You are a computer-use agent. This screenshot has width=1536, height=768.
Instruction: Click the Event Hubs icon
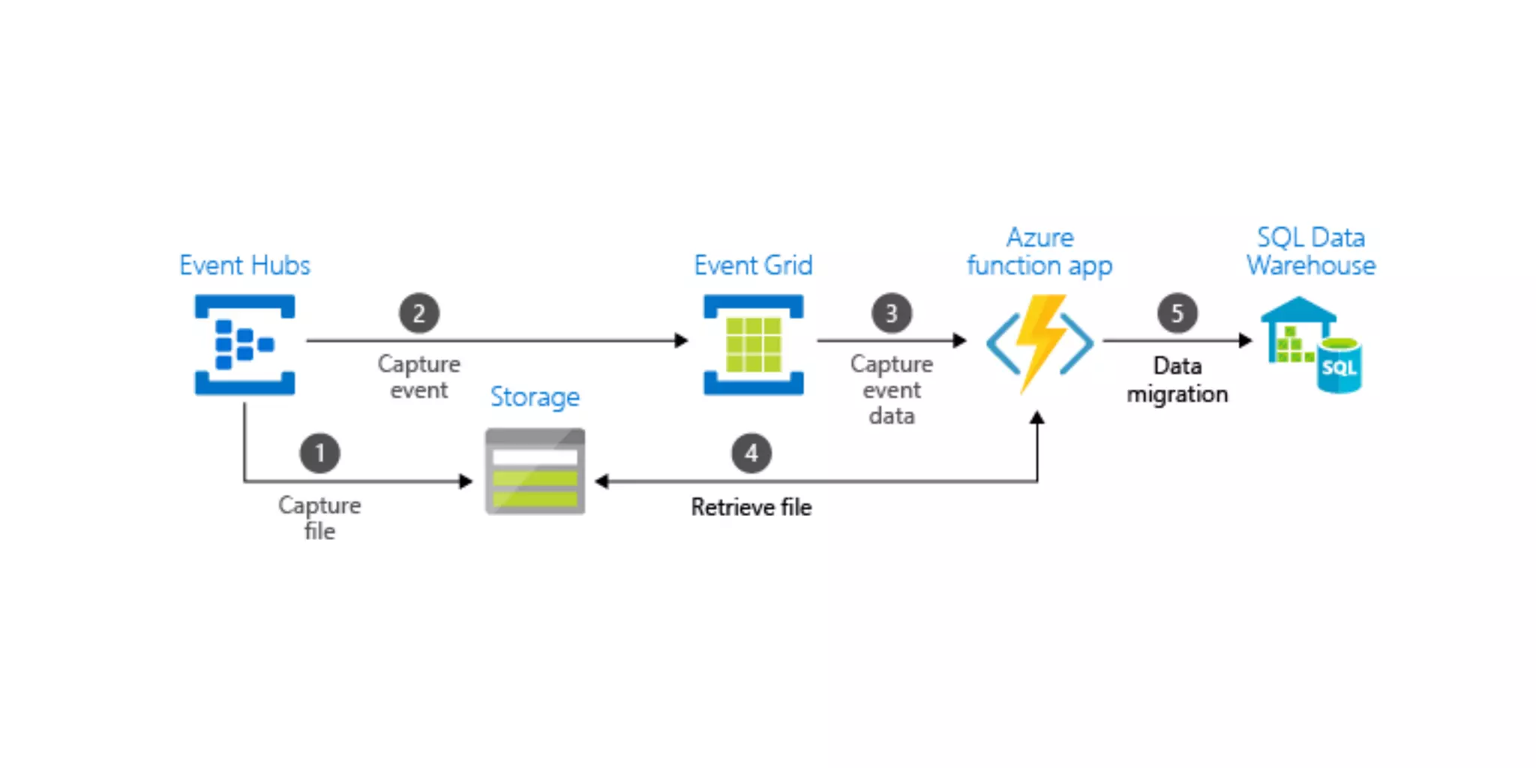pyautogui.click(x=244, y=344)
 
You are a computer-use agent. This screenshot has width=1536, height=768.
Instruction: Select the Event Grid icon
pyautogui.click(x=753, y=344)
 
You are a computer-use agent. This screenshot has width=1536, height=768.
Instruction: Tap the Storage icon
pyautogui.click(x=535, y=471)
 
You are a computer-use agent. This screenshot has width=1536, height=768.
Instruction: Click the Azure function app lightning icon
pyautogui.click(x=1039, y=343)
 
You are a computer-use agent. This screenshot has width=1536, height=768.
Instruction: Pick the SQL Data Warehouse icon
pyautogui.click(x=1312, y=344)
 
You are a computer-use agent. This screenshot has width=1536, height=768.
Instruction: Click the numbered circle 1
pyautogui.click(x=319, y=453)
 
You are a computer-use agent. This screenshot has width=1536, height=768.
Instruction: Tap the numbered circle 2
pyautogui.click(x=418, y=313)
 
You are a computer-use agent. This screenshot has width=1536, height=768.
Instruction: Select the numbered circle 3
pyautogui.click(x=891, y=313)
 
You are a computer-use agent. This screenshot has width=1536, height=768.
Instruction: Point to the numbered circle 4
pyautogui.click(x=751, y=453)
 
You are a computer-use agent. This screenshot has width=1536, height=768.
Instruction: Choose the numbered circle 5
pyautogui.click(x=1177, y=313)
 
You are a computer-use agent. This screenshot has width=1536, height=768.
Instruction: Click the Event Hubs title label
pyautogui.click(x=244, y=265)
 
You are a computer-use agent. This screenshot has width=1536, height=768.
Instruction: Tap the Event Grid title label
pyautogui.click(x=753, y=265)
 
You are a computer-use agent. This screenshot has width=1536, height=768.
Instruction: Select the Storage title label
pyautogui.click(x=535, y=397)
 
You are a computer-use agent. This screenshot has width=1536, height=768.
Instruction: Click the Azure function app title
pyautogui.click(x=1039, y=252)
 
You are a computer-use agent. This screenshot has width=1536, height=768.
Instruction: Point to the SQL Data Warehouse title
pyautogui.click(x=1311, y=252)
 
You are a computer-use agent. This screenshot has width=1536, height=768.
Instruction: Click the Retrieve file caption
pyautogui.click(x=751, y=507)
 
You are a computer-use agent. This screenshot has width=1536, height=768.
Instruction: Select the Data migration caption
pyautogui.click(x=1177, y=379)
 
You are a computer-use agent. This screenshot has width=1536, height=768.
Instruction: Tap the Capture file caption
pyautogui.click(x=319, y=517)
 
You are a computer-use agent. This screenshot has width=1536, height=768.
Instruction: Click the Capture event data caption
pyautogui.click(x=891, y=389)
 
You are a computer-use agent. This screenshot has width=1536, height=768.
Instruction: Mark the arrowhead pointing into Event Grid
pyautogui.click(x=681, y=340)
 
